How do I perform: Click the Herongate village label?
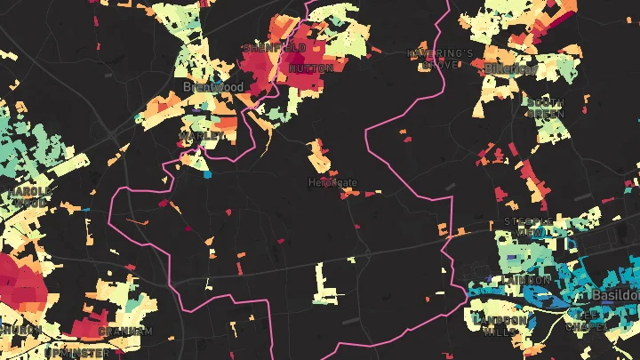(332, 183)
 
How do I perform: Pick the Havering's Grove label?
(440, 59)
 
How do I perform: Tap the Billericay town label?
(511, 68)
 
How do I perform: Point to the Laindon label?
(527, 279)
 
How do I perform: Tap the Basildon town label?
(615, 294)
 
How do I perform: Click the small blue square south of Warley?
(208, 175)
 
